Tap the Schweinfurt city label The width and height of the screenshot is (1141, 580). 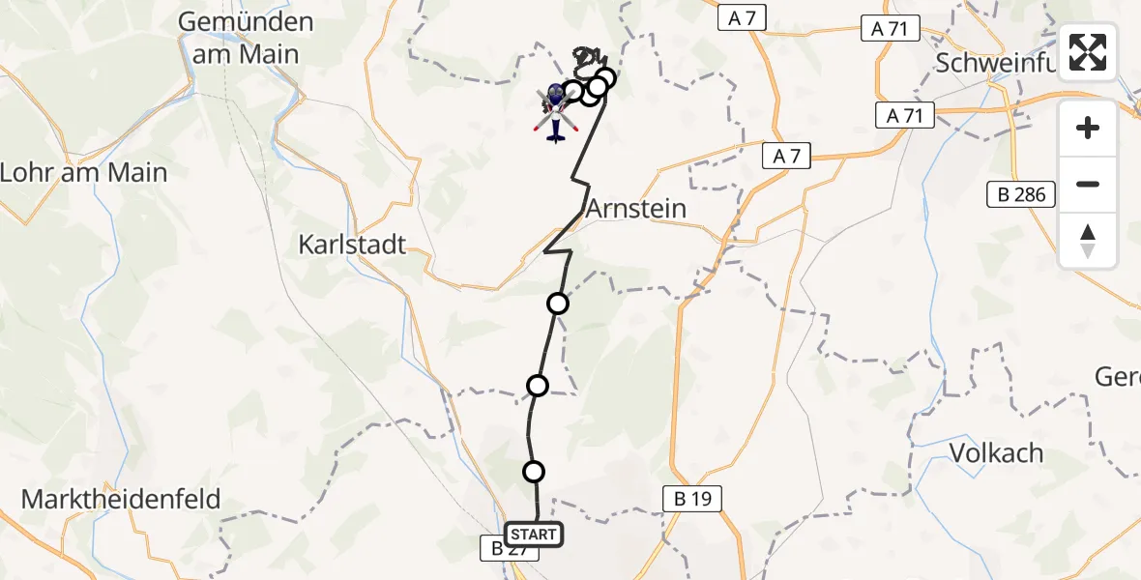1006,64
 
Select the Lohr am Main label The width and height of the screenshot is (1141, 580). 84,173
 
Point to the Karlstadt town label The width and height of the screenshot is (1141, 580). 352,244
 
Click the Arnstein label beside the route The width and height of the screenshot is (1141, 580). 636,208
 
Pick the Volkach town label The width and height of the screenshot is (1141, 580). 996,452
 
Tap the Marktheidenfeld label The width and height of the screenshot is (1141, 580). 121,500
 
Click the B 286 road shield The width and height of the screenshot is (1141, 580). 1023,194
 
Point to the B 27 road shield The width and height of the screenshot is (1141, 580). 498,548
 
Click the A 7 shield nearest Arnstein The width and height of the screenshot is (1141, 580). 785,155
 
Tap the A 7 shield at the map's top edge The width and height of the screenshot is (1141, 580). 744,18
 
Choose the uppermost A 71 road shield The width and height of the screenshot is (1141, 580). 889,29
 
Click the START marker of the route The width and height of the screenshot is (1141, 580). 533,535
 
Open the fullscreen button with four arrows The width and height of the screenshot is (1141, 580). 1088,52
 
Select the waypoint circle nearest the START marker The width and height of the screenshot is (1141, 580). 534,472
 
